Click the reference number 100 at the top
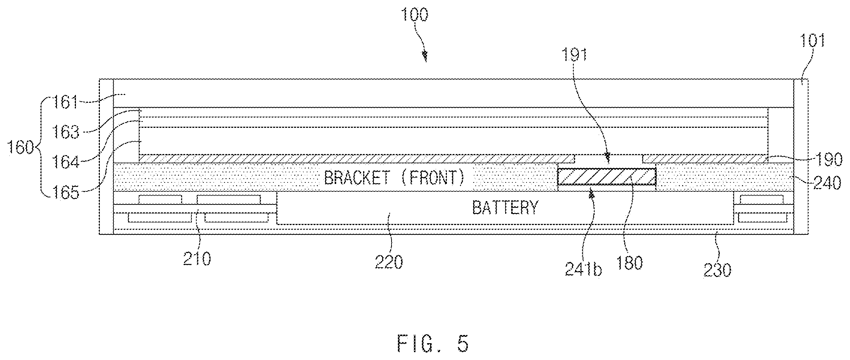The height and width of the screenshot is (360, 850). click(x=414, y=15)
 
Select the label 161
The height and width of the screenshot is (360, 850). click(x=66, y=102)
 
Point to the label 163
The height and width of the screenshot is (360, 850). click(x=66, y=132)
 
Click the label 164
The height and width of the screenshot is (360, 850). click(x=66, y=163)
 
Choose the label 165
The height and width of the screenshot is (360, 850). click(x=66, y=193)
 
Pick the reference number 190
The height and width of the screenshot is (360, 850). click(x=829, y=160)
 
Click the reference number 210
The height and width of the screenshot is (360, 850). click(x=197, y=259)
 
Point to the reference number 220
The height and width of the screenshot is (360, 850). click(x=389, y=262)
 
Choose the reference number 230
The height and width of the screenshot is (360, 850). click(x=717, y=270)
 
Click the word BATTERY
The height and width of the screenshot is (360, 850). click(x=505, y=207)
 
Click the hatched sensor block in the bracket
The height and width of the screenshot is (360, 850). click(x=607, y=177)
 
